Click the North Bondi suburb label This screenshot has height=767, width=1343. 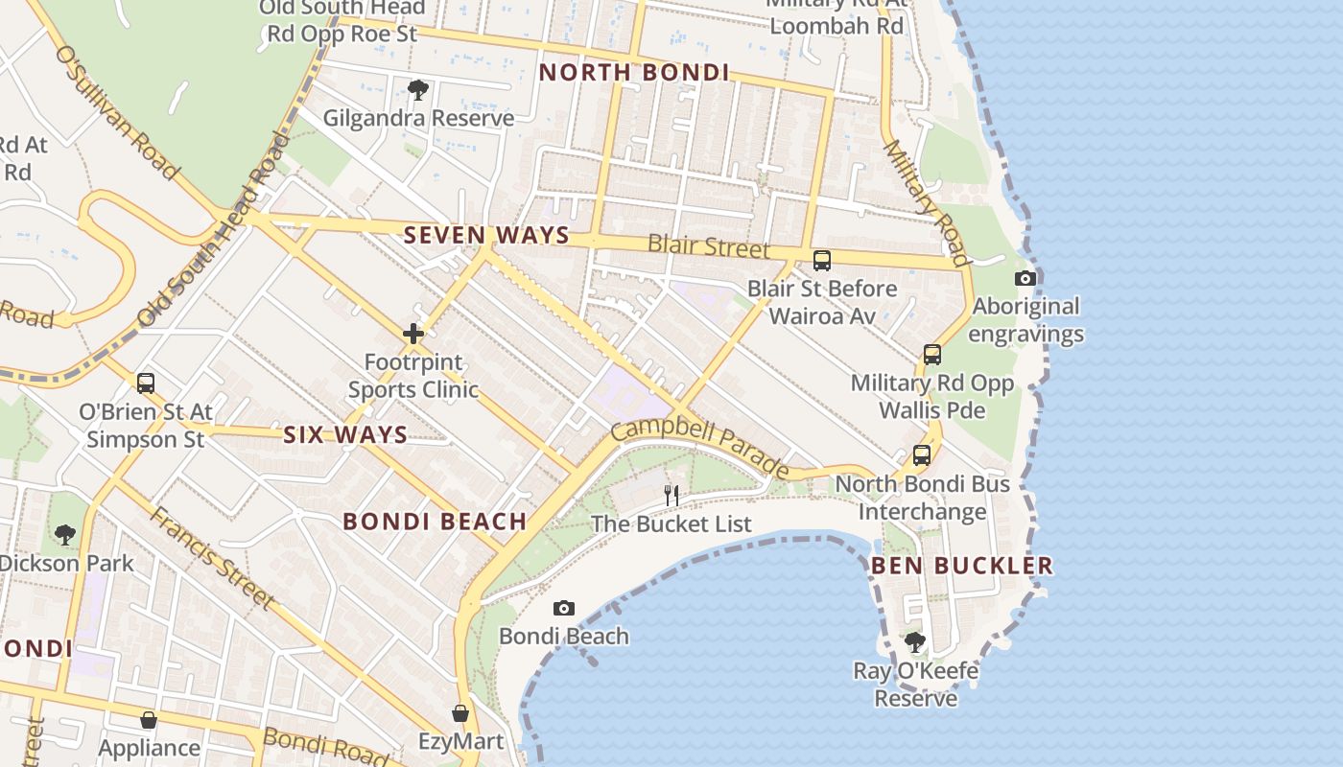click(634, 73)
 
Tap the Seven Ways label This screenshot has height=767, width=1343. click(486, 235)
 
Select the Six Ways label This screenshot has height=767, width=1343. click(345, 435)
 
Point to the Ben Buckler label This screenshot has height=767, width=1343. click(961, 566)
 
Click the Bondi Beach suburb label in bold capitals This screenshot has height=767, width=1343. click(435, 522)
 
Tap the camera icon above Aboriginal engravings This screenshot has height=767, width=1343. click(1025, 278)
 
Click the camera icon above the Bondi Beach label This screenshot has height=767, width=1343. click(564, 608)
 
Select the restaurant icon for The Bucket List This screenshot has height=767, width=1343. click(671, 495)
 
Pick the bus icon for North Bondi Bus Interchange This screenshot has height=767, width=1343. click(922, 455)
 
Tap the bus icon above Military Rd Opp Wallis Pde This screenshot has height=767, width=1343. click(932, 355)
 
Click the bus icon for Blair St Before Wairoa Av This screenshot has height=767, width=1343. click(822, 260)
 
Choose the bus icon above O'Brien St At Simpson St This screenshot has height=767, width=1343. click(146, 383)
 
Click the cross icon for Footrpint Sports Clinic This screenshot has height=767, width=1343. click(413, 334)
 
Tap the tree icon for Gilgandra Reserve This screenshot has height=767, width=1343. click(417, 90)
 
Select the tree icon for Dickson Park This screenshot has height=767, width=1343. click(65, 534)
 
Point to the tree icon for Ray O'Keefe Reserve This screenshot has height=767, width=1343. click(915, 641)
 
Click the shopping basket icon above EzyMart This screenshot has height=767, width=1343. click(460, 713)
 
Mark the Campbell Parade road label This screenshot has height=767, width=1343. click(700, 448)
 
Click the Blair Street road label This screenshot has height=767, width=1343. click(709, 246)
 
